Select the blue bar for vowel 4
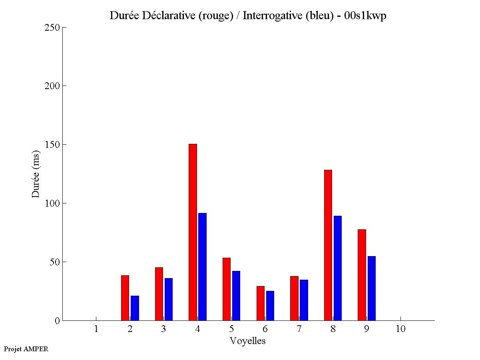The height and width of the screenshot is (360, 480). tap(202, 267)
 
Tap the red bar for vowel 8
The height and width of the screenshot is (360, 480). tap(328, 245)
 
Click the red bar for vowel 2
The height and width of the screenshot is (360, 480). tap(125, 298)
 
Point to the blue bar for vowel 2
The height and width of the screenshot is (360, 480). tap(135, 308)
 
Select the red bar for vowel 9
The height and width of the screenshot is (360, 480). tap(362, 275)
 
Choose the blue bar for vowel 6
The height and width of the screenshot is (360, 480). tap(270, 306)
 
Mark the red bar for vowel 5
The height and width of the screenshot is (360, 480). tap(227, 289)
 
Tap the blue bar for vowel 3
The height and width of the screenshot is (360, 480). tap(169, 299)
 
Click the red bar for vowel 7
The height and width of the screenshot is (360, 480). tap(294, 298)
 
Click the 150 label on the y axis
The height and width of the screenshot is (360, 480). tap(52, 145)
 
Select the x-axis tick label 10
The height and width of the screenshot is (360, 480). tap(400, 329)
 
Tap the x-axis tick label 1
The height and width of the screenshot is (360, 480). tap(96, 329)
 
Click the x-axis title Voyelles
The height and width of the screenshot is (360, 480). tap(248, 341)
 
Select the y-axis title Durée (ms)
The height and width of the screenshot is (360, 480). tap(36, 174)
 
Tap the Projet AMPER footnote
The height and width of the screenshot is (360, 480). tap(26, 349)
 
